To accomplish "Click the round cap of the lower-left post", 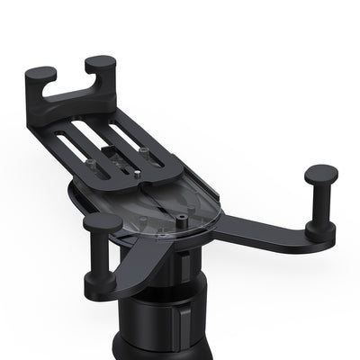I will (x=101, y=221).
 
